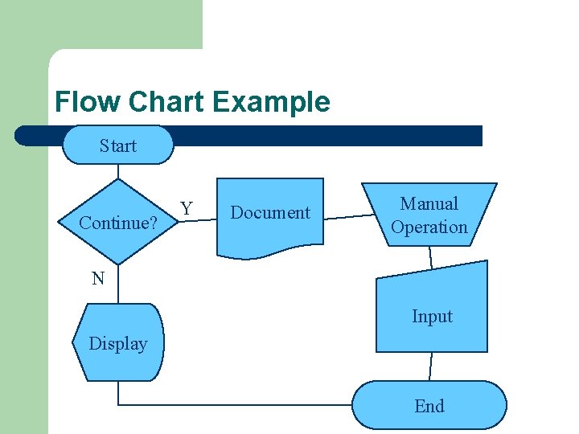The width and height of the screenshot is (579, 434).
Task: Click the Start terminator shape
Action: click(x=118, y=145)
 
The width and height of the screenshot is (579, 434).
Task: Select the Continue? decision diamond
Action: click(x=118, y=222)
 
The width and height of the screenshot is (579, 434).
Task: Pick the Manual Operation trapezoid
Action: click(x=429, y=215)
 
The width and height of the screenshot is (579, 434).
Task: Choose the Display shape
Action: click(x=118, y=343)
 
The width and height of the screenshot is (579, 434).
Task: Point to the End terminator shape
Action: click(x=429, y=405)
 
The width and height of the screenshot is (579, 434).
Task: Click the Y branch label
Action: click(x=187, y=209)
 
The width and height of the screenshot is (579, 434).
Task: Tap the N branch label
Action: click(x=98, y=279)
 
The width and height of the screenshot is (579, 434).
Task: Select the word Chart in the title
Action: click(x=166, y=102)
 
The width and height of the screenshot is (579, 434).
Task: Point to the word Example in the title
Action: click(x=272, y=102)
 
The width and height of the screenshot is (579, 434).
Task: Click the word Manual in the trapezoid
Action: click(x=429, y=204)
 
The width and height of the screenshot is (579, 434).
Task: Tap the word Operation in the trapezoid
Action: click(x=429, y=227)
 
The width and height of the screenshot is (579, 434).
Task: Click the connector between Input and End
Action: click(x=431, y=366)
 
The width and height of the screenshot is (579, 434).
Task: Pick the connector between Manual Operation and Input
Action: click(x=431, y=257)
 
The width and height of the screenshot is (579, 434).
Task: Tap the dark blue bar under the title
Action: click(x=322, y=136)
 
